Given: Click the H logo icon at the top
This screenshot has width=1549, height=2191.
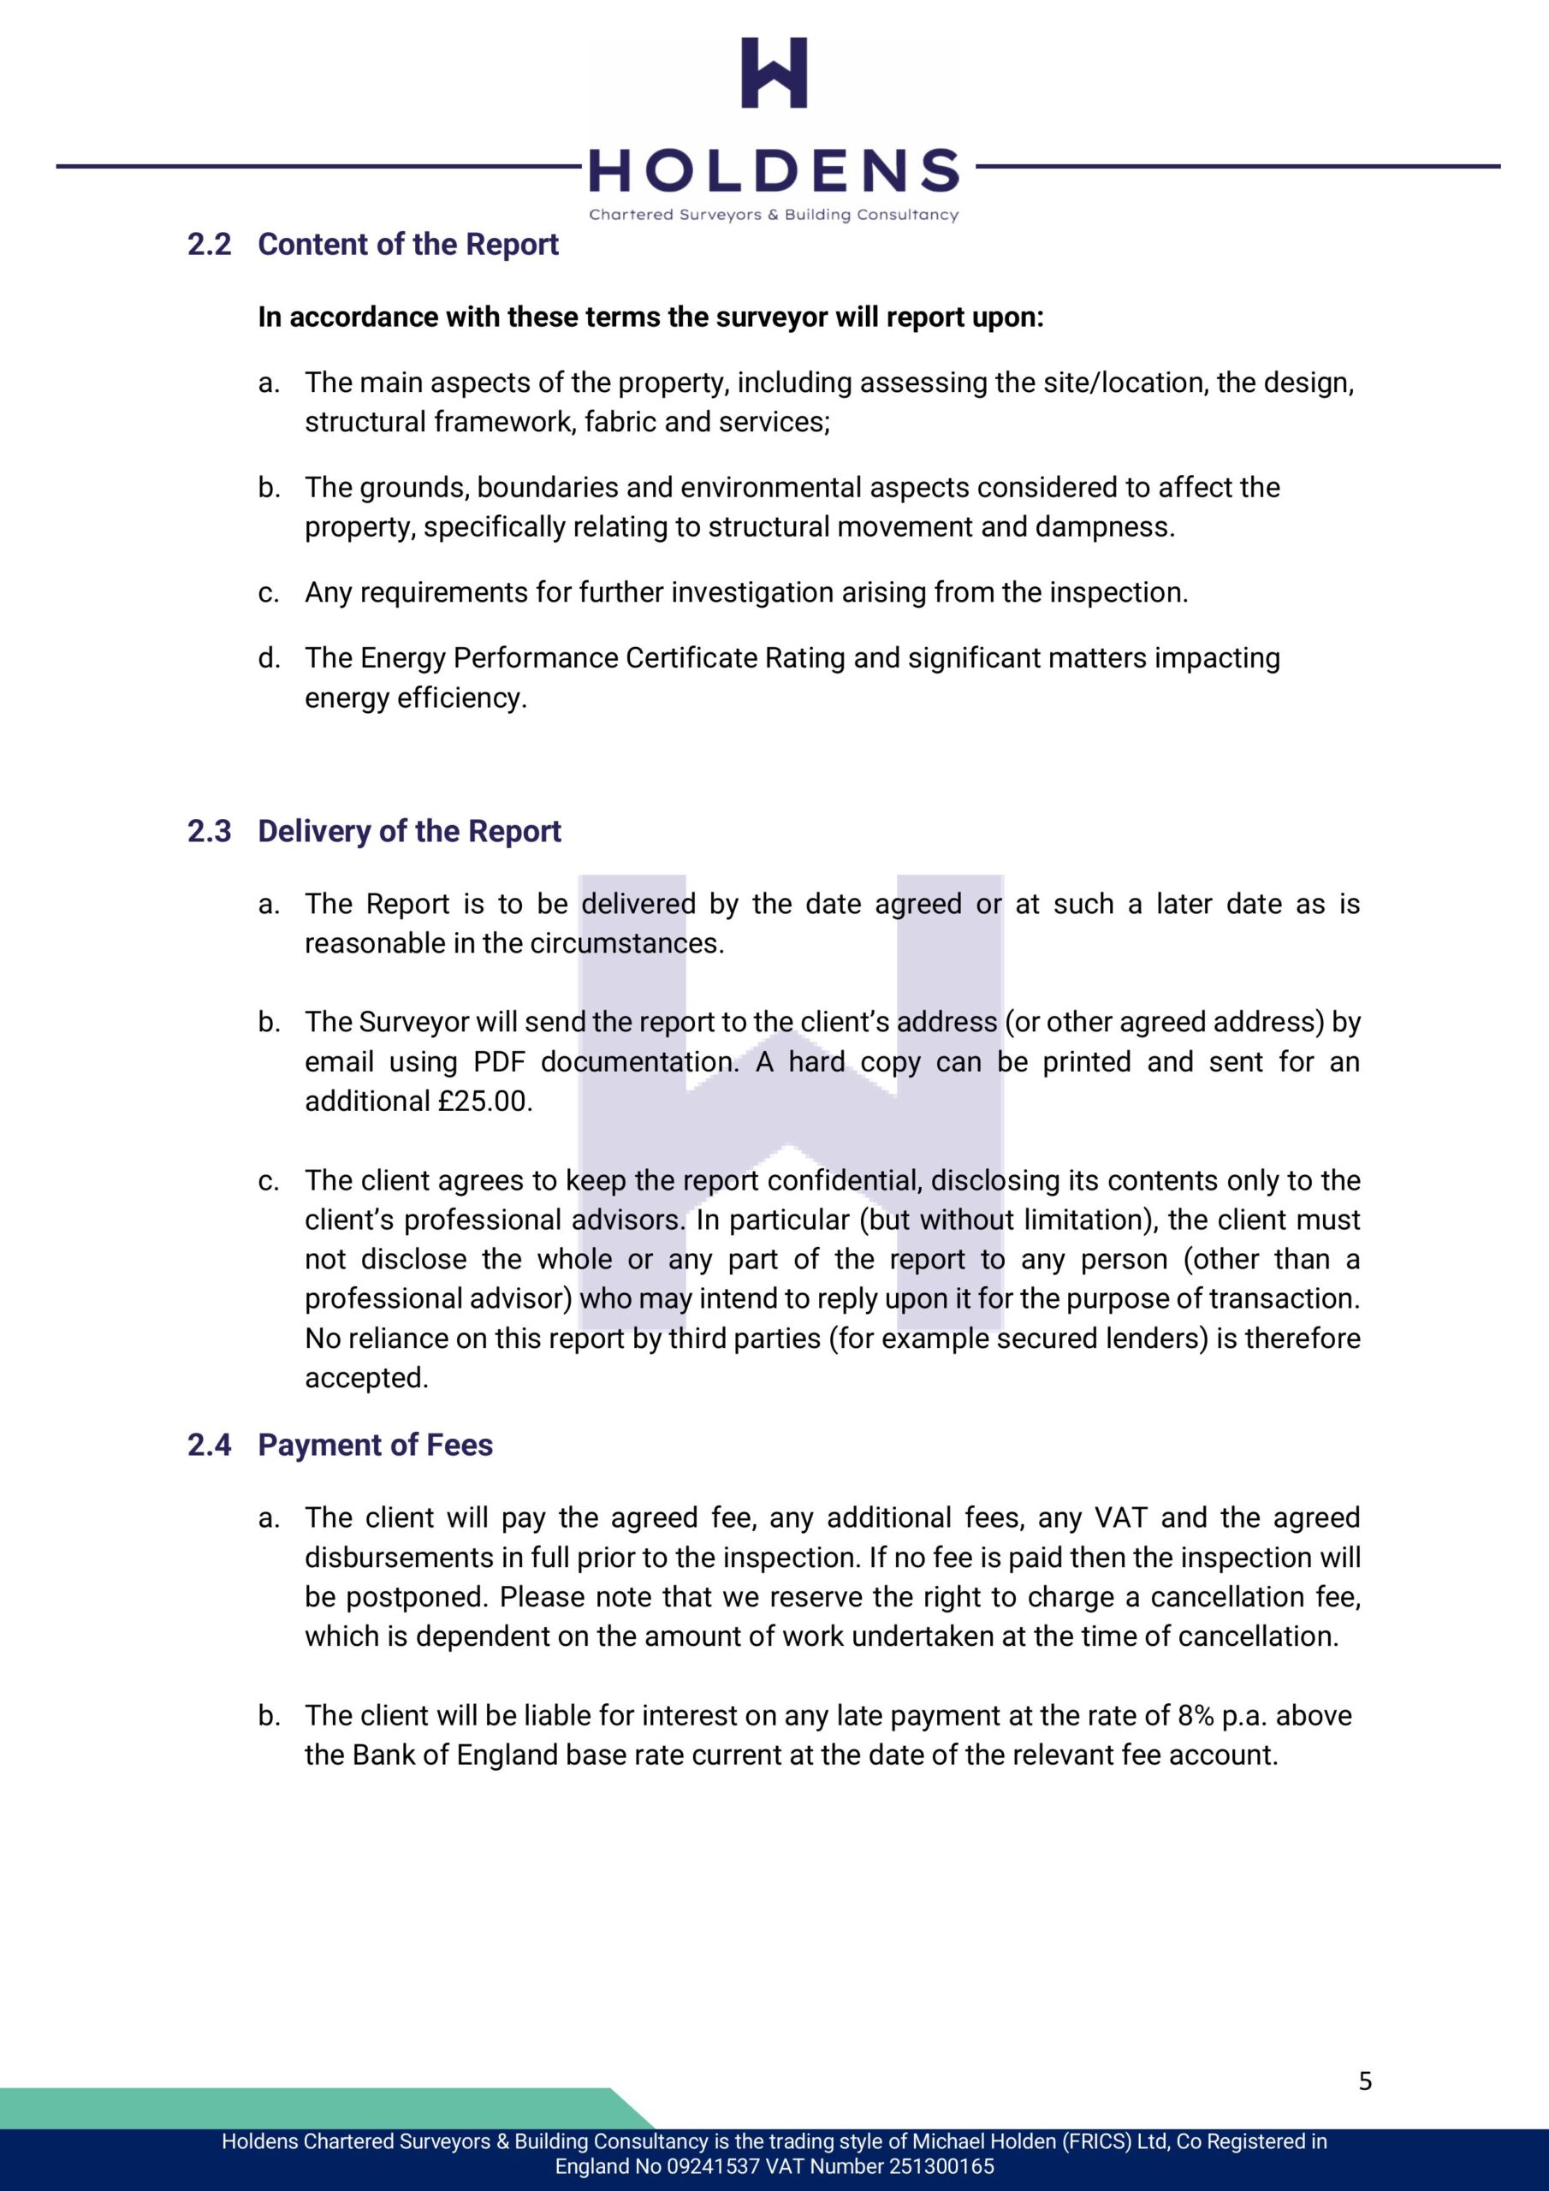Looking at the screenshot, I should pos(774,73).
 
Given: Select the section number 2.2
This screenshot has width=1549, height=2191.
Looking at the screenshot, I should pos(209,244).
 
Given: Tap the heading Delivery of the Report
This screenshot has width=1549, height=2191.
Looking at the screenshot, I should pos(408,831).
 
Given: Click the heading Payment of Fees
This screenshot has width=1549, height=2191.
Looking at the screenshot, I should pos(375,1445).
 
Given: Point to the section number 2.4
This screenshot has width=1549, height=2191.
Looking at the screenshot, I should pos(209,1445).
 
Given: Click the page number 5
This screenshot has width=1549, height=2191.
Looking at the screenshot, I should pos(1365,2081).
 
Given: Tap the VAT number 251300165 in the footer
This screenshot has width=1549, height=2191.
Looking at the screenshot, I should pos(942,2167).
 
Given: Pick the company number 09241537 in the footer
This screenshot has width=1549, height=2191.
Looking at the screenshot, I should pos(712,2167).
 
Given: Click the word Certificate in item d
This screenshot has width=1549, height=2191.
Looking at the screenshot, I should pos(688,658).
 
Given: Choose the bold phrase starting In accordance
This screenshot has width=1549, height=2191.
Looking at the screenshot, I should pos(651,317).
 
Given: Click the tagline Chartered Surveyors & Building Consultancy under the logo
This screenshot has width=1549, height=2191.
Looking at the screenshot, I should pos(773,215).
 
